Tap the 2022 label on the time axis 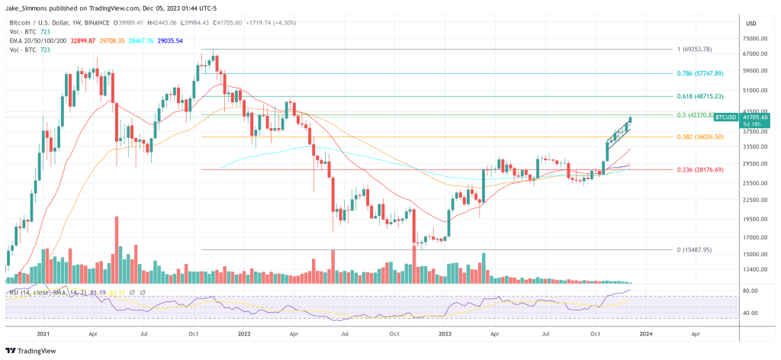point(244,334)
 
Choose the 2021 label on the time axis point(43,334)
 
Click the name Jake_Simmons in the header point(30,6)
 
